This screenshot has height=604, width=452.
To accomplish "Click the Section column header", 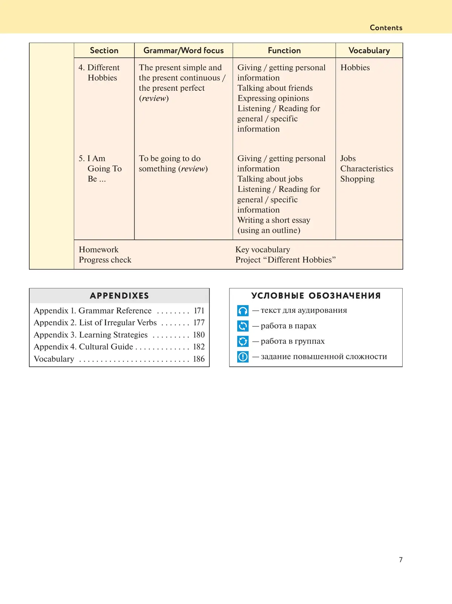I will point(104,50).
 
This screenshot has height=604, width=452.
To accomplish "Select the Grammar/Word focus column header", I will point(183,50).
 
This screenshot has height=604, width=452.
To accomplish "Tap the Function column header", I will point(284,50).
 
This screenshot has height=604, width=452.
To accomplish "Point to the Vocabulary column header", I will point(369,50).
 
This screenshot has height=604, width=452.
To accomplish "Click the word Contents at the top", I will point(386,27).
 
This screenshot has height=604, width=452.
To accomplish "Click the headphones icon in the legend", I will point(243,311).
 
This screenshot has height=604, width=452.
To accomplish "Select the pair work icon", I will point(243,326).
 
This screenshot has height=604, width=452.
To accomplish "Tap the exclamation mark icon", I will point(243,357).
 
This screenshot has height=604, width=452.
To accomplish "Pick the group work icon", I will point(243,341).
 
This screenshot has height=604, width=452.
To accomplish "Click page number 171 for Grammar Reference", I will point(199,311).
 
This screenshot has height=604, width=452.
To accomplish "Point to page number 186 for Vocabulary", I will point(199,359).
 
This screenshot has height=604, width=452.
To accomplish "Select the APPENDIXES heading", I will point(119,296).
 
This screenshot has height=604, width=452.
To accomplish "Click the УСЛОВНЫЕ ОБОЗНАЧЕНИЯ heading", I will point(316,296).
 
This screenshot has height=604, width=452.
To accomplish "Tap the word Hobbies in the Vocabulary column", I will point(355,67).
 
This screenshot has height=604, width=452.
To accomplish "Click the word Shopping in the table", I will point(357,179).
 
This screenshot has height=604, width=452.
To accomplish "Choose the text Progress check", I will point(105,260).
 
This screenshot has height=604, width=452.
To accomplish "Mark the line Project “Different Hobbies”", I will point(285,260).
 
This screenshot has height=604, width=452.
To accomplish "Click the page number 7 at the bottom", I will point(401,560).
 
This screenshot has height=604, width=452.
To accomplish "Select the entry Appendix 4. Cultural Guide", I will point(83,347).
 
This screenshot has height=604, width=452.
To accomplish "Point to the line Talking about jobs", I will point(270,179).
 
